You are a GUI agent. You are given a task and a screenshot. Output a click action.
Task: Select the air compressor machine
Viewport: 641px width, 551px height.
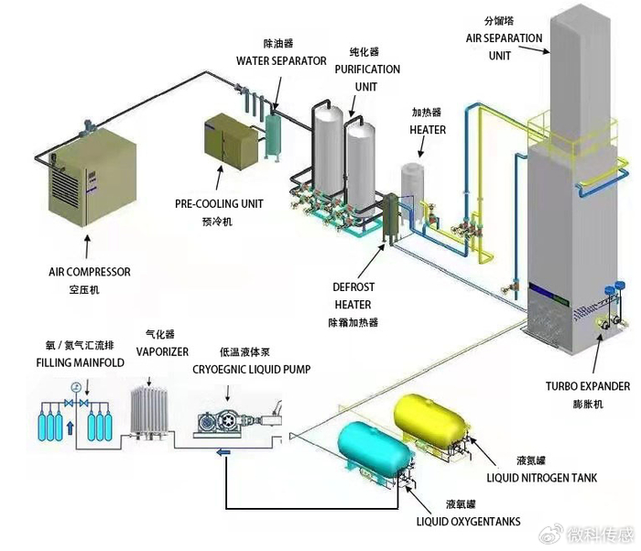click(x=92, y=179)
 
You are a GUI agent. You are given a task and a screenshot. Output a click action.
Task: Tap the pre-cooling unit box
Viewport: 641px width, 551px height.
click(x=233, y=145)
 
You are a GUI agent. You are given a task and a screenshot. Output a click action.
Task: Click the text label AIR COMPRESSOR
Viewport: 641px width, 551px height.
click(x=90, y=272)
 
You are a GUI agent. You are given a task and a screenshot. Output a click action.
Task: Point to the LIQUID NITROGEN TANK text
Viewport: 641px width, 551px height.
click(x=543, y=477)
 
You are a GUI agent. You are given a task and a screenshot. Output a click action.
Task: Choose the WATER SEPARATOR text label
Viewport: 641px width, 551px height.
click(x=281, y=61)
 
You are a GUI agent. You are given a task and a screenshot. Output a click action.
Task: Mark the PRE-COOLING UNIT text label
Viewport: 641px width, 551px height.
click(x=216, y=203)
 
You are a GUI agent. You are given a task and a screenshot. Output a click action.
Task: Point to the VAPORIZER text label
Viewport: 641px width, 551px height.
click(x=162, y=351)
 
